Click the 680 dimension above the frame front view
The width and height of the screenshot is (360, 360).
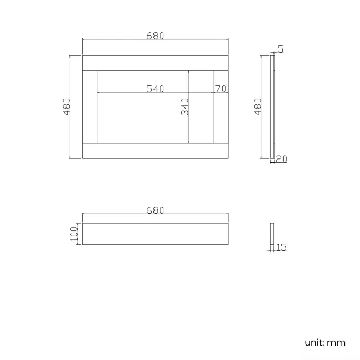155,35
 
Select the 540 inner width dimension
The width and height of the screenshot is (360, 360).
155,89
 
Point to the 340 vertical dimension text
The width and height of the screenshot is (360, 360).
185,106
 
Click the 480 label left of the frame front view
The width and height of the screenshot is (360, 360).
66,106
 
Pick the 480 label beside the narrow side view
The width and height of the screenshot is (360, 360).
258,106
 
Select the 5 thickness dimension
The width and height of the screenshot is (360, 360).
281,49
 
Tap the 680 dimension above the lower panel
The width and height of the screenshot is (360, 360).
155,210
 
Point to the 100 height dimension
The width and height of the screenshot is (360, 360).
74,234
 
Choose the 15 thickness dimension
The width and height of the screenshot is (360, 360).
281,248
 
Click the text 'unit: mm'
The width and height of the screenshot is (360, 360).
325,342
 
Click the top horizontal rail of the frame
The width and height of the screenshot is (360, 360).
155,63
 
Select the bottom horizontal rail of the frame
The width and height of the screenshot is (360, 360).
155,151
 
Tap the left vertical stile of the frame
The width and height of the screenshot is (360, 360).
90,106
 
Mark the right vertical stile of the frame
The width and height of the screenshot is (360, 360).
221,106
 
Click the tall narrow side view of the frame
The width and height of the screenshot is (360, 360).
272,106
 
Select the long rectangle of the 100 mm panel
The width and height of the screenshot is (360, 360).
155,234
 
